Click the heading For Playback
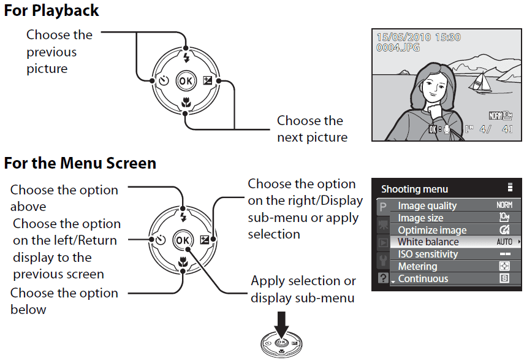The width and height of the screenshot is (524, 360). (51, 10)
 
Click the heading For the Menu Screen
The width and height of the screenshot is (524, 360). (80, 163)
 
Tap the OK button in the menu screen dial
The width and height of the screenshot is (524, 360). (183, 240)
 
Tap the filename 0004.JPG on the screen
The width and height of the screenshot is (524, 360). (399, 47)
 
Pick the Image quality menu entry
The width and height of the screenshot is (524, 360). (427, 206)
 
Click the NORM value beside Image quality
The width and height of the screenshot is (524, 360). (504, 206)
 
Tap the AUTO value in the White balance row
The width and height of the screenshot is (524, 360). (504, 242)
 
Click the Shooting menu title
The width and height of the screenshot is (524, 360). (414, 189)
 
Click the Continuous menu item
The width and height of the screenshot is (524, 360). (423, 279)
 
